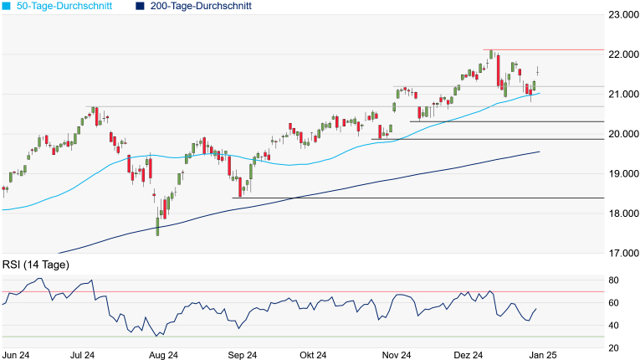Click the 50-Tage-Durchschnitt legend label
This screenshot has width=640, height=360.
(x=64, y=6)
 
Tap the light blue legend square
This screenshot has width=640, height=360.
(x=6, y=6)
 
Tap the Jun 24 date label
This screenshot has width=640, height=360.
(x=18, y=355)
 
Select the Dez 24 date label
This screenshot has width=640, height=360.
(x=469, y=355)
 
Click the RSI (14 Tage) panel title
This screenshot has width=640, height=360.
(x=35, y=265)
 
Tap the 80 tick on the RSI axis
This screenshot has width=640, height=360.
(x=614, y=280)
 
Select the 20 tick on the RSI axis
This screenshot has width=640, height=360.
(x=614, y=347)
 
